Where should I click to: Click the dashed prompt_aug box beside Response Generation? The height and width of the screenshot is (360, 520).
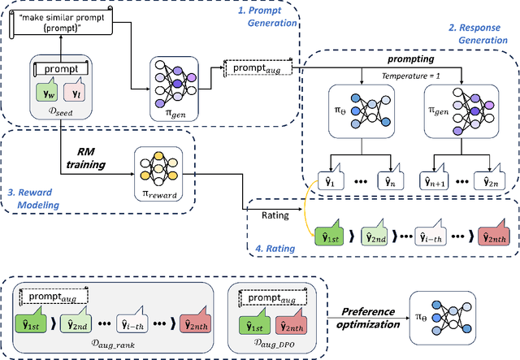pyautogui.click(x=251, y=67)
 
